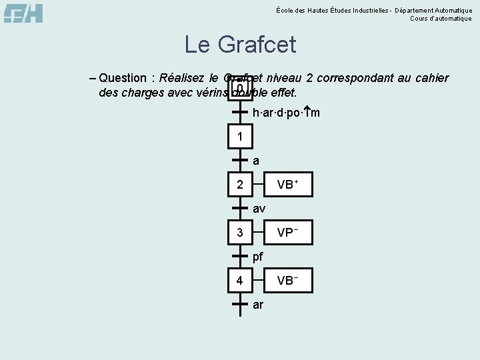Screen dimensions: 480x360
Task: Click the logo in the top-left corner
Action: [23, 13]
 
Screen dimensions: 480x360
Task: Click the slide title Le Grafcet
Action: [240, 45]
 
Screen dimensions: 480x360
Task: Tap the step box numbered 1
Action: [240, 137]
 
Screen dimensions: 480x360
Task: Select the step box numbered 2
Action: [240, 185]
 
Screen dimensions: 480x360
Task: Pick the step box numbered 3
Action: [240, 233]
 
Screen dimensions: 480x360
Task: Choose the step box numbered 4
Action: [240, 281]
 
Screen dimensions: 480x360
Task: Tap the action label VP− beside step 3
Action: [287, 233]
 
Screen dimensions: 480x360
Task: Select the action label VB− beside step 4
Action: [287, 281]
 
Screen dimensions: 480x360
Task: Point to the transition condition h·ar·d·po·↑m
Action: [286, 113]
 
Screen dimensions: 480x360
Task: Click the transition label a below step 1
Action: [256, 161]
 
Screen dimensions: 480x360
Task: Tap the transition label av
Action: [259, 209]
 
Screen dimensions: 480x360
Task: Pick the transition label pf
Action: [258, 257]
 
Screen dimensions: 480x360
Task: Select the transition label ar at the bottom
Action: [258, 305]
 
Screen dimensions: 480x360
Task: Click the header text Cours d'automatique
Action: [441, 19]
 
